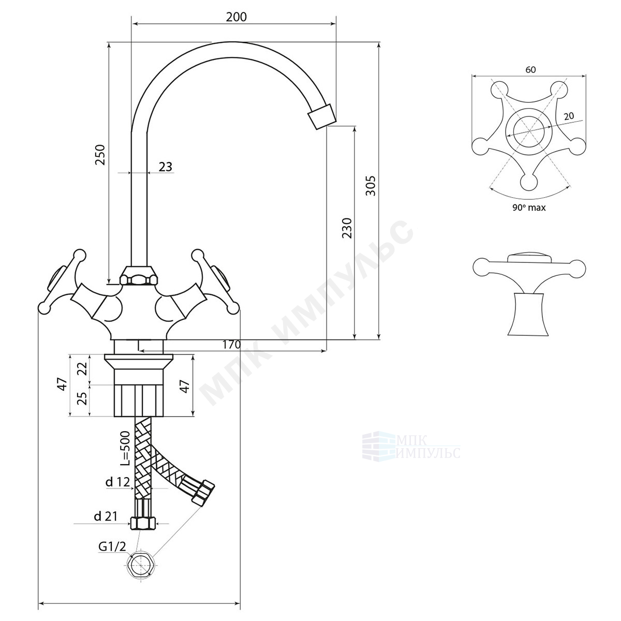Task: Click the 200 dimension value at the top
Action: point(236,17)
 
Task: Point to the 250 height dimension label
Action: point(100,155)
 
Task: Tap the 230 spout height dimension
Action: point(347,228)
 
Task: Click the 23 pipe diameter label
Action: point(165,167)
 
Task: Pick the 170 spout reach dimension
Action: point(231,345)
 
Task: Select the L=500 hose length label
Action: point(124,449)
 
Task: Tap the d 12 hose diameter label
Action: point(117,482)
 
